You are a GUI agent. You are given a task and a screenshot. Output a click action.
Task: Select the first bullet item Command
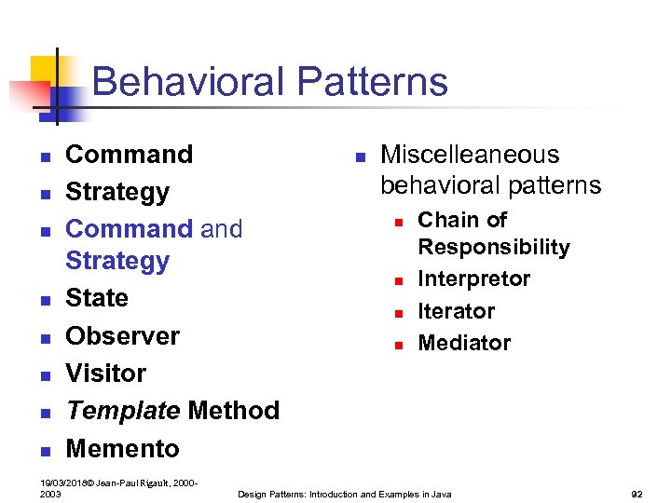click(129, 154)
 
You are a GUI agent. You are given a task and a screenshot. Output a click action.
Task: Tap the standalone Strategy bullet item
click(117, 192)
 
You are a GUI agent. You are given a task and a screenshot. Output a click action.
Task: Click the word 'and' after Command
click(221, 229)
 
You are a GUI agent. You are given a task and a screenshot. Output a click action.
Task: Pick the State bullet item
click(97, 298)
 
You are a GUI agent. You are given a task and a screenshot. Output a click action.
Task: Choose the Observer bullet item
click(122, 335)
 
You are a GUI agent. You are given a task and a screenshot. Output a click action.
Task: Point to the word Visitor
click(105, 374)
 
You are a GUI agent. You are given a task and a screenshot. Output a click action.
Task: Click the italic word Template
click(122, 411)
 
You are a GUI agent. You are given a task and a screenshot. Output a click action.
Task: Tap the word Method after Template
click(233, 411)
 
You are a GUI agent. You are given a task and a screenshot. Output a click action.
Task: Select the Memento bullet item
click(122, 448)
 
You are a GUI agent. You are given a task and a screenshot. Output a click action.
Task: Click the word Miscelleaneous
click(470, 154)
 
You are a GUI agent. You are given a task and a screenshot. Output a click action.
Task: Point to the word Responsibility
click(493, 247)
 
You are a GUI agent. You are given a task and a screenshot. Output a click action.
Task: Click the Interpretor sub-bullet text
click(473, 279)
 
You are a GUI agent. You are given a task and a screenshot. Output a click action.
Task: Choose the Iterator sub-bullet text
click(456, 311)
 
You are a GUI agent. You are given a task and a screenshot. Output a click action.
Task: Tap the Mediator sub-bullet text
click(464, 343)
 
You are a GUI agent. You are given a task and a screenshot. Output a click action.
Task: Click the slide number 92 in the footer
click(637, 494)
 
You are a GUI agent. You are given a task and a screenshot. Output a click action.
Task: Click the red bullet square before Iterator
click(397, 314)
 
